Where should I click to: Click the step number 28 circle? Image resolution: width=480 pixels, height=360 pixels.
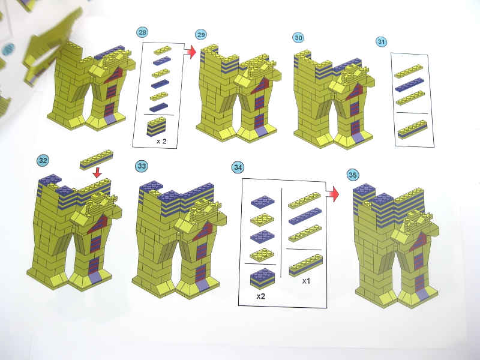[x=142, y=32]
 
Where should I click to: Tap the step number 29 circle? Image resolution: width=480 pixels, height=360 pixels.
[x=201, y=35]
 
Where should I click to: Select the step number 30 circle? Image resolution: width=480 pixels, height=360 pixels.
[x=298, y=38]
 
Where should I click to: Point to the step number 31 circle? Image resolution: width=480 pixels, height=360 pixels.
[x=381, y=41]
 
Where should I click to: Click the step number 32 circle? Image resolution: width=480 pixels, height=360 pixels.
[x=43, y=160]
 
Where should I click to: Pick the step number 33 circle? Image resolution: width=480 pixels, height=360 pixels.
[x=142, y=166]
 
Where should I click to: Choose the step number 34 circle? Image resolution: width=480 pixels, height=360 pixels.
[x=238, y=167]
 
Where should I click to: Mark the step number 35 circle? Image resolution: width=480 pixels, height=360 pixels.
[x=353, y=175]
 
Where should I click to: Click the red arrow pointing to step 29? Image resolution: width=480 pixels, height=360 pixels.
[x=190, y=52]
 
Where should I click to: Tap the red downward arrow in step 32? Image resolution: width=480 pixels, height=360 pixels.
[x=97, y=173]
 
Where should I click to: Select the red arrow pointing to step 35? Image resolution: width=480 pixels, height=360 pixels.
[x=333, y=194]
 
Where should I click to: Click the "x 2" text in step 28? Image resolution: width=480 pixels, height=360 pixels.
[x=161, y=141]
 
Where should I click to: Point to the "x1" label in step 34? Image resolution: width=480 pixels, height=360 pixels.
[x=306, y=281]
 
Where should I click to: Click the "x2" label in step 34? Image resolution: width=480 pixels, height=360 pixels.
[x=261, y=296]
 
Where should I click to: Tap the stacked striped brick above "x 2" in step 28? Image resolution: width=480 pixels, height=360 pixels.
[x=157, y=127]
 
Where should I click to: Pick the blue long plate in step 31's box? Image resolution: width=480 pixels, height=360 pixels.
[x=410, y=85]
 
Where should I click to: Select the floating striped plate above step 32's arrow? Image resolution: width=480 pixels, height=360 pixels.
[x=97, y=160]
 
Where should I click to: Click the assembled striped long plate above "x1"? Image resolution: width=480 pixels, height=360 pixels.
[x=306, y=265]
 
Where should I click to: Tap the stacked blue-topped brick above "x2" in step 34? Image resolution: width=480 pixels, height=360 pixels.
[x=263, y=278]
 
